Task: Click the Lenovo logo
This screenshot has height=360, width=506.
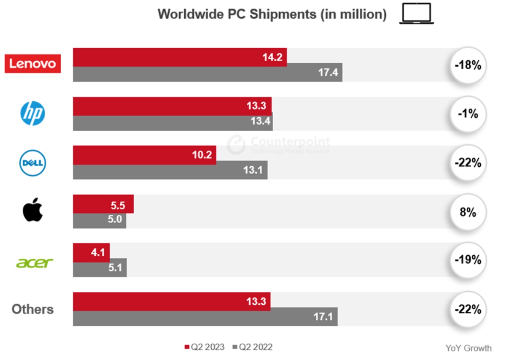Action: [32, 64]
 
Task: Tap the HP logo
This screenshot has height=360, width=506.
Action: [32, 114]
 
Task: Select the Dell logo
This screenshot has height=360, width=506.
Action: [32, 163]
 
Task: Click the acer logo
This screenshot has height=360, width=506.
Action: [35, 263]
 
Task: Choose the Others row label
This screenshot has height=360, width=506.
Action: [32, 309]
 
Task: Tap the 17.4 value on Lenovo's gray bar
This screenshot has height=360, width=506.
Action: [328, 73]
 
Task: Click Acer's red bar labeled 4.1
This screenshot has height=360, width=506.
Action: [91, 252]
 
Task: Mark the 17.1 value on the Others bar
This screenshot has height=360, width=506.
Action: [323, 317]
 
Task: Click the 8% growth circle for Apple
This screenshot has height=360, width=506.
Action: [468, 212]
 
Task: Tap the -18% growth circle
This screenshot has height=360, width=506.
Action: [468, 66]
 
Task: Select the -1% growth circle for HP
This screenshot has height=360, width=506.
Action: [468, 114]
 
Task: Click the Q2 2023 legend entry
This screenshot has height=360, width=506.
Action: [204, 347]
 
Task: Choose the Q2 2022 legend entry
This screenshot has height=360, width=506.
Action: [252, 347]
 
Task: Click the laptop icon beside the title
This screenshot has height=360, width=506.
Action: [417, 14]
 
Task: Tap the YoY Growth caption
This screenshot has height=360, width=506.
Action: [468, 348]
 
